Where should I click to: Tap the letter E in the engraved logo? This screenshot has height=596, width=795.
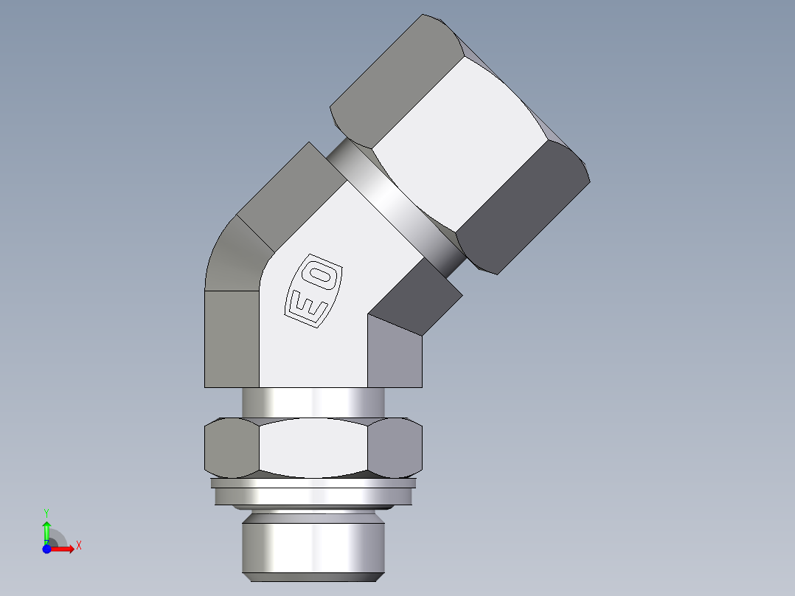click(x=304, y=304)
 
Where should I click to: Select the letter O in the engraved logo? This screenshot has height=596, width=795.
click(x=323, y=277)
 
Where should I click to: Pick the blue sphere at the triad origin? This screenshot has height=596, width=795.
click(x=46, y=549)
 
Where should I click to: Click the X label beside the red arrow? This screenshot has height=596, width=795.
click(x=78, y=546)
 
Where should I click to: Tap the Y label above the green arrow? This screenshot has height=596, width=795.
click(x=46, y=511)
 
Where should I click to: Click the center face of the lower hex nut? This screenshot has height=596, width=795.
click(x=313, y=448)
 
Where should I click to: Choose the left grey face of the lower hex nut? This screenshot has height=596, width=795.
click(x=231, y=448)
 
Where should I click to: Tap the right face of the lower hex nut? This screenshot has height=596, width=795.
click(x=395, y=448)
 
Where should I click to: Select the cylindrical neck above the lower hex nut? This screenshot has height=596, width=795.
click(x=313, y=402)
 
